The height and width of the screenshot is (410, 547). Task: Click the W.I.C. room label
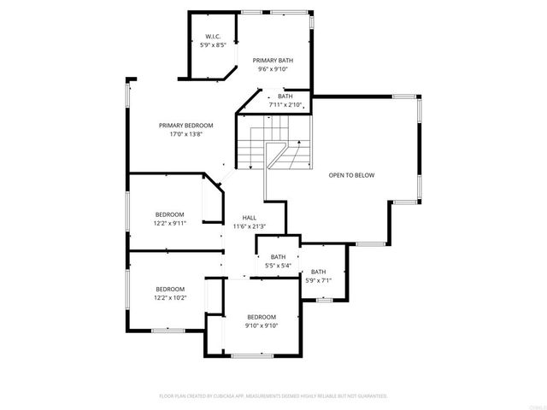click(x=213, y=37)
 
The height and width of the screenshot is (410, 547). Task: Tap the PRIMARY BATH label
click(x=272, y=60)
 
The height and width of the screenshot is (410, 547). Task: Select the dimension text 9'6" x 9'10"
click(x=272, y=69)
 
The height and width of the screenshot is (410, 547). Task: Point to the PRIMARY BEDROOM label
click(x=186, y=126)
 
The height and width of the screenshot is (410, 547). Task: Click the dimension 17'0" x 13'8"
click(x=186, y=135)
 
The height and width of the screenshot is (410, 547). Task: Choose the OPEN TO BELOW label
click(x=352, y=175)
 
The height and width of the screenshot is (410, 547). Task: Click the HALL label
click(x=250, y=217)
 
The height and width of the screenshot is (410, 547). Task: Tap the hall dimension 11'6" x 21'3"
click(x=250, y=226)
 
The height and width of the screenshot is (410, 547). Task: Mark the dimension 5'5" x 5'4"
click(x=279, y=266)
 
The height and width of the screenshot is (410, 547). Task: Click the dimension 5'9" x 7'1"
click(x=318, y=280)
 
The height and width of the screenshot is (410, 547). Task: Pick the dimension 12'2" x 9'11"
click(x=170, y=223)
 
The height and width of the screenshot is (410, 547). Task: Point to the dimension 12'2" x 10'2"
click(x=170, y=297)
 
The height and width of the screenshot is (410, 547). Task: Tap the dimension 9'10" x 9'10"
click(x=262, y=325)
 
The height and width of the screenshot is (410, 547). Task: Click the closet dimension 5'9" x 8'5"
click(x=213, y=45)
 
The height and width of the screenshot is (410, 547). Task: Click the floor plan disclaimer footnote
click(x=273, y=396)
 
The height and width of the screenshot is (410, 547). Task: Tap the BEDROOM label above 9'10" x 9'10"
click(x=262, y=316)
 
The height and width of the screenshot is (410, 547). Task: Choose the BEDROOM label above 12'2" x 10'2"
click(x=170, y=288)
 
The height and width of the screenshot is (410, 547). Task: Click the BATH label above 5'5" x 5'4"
click(x=279, y=256)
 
